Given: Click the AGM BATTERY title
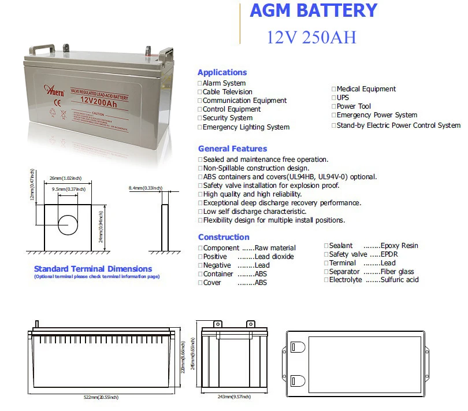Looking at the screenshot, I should point(313,10).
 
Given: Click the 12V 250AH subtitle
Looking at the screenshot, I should point(311,37).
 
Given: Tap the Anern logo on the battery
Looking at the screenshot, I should point(54,90).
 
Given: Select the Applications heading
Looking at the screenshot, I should point(222,72).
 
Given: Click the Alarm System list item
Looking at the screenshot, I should point(224,83).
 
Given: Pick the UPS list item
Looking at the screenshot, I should point(343,98).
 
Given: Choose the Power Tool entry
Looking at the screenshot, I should point(354,106).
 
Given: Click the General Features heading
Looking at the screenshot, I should point(232,149).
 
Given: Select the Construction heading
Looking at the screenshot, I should point(224,237).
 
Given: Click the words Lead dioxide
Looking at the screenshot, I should point(274,257).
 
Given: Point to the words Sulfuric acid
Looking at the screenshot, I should point(399,280).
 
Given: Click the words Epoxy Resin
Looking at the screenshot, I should point(399,246).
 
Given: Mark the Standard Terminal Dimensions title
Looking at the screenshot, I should point(93,269).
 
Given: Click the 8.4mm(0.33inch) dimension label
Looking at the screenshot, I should point(145,188).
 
